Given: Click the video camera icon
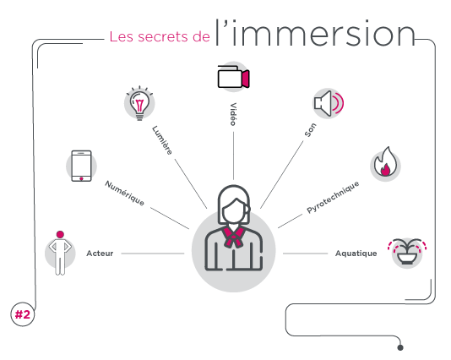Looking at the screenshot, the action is [x=233, y=77].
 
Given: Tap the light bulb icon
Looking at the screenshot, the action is [x=139, y=103].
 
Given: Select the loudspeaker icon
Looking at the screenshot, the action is [x=329, y=103].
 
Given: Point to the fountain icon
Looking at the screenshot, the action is [x=407, y=251].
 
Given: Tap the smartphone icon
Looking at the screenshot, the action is [x=81, y=166].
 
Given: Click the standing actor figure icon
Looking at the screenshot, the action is [x=60, y=254].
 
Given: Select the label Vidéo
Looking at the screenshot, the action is [x=233, y=114].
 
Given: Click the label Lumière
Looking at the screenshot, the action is [x=162, y=140].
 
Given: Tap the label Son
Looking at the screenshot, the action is [x=310, y=130].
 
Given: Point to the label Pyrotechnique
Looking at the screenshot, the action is [x=333, y=197].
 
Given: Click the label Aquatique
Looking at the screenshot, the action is [x=356, y=254].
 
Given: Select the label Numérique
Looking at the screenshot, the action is [x=124, y=193].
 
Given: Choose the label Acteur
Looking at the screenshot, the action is [x=100, y=254].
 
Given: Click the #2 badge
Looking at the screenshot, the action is [x=23, y=314].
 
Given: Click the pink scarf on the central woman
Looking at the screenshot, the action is [x=233, y=237].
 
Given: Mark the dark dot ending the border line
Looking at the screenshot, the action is [x=400, y=347].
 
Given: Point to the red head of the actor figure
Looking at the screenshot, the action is [x=60, y=234].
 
